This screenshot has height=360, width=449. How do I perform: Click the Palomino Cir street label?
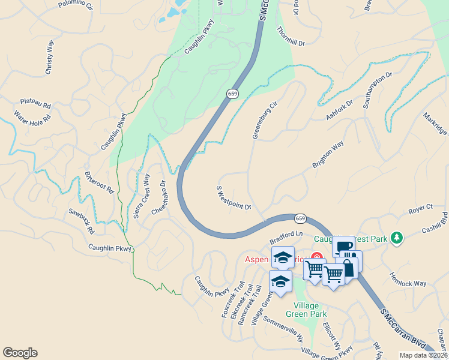[76, 5]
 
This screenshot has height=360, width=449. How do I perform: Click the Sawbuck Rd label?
[82, 221]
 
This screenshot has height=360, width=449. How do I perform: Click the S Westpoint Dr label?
[234, 198]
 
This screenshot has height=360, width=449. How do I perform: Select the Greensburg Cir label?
[265, 120]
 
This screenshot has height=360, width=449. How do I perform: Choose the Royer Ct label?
[420, 209]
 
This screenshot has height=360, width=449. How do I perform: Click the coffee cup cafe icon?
[343, 246]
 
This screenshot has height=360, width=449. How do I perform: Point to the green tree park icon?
[396, 238]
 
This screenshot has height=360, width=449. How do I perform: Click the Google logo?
[20, 353]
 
